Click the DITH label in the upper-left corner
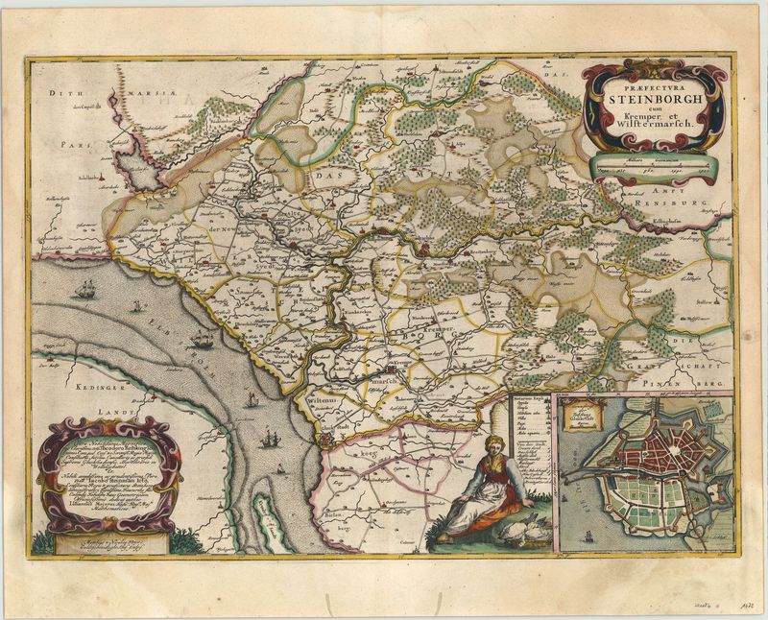[x=62, y=94]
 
